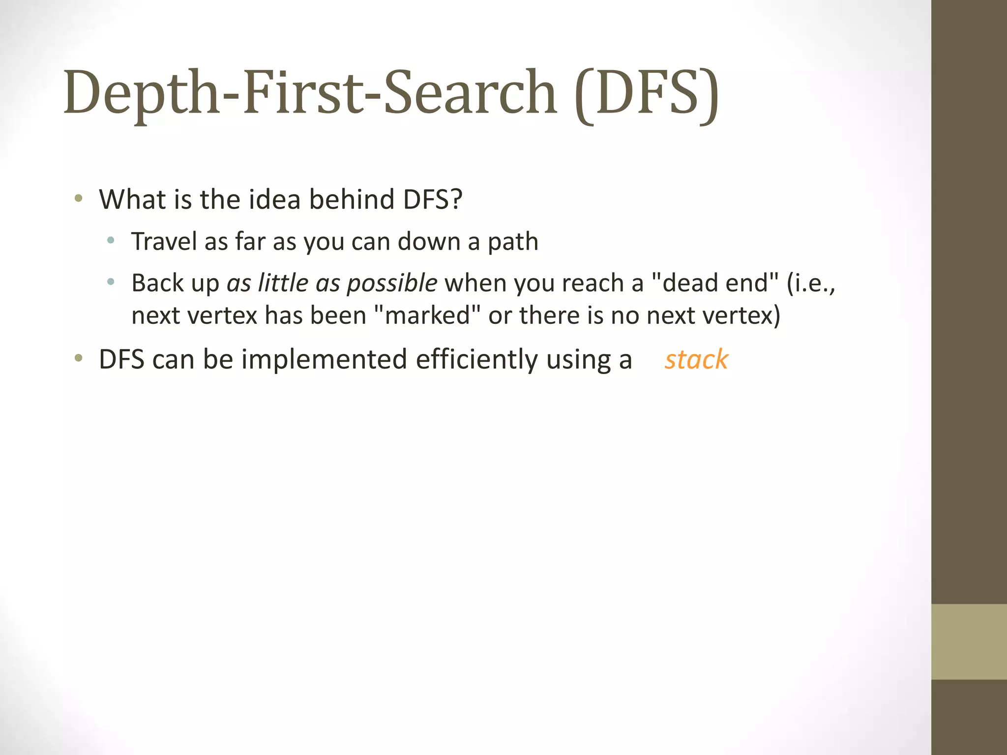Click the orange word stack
(x=696, y=359)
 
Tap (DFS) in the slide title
(x=646, y=93)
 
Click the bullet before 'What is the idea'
(x=78, y=199)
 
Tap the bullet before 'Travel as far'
(x=111, y=241)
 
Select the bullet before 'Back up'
(x=111, y=282)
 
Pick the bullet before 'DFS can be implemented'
(x=78, y=359)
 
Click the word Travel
(x=164, y=241)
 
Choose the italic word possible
(x=392, y=284)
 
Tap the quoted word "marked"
(x=427, y=315)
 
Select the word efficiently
(x=477, y=360)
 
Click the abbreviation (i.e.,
(x=811, y=283)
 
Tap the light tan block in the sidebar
(x=969, y=641)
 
